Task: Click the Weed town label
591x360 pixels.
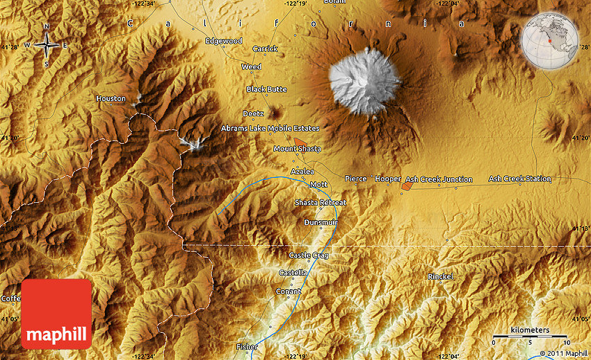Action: [x=251, y=67]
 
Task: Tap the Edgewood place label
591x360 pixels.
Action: [x=224, y=41]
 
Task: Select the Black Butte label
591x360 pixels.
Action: [x=266, y=90]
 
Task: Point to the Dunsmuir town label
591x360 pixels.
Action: [x=321, y=222]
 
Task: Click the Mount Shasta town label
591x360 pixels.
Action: [x=297, y=149]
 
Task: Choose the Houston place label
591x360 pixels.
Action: [x=111, y=99]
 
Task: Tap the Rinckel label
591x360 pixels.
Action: [x=441, y=277]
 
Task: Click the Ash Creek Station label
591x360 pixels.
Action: [x=519, y=179]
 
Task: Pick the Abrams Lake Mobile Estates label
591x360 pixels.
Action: [x=270, y=129]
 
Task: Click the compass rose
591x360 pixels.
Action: [x=47, y=45]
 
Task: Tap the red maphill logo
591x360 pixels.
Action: [x=56, y=314]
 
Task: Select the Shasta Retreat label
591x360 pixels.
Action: [x=320, y=202]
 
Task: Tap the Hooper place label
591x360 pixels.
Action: [x=388, y=179]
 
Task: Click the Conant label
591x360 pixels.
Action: [x=289, y=291]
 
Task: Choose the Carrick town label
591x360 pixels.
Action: [x=265, y=49]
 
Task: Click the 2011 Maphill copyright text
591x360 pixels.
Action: [x=562, y=353]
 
